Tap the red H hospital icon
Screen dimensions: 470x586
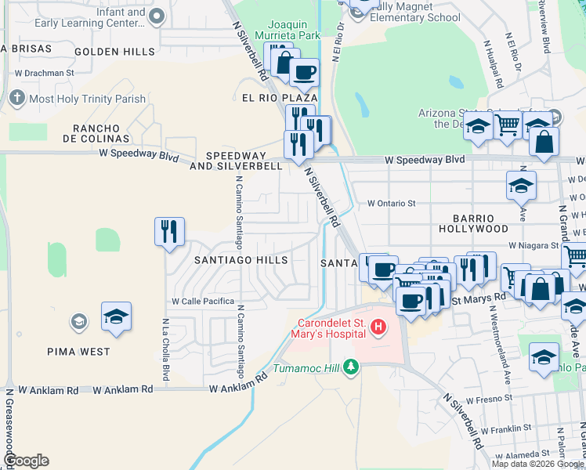click(379, 326)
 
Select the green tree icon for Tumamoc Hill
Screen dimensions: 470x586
click(352, 367)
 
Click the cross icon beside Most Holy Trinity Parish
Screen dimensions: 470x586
click(17, 99)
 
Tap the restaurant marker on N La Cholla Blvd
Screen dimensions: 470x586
click(169, 231)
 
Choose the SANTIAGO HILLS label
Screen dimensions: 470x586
click(241, 259)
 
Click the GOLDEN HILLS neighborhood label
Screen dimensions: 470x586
click(115, 52)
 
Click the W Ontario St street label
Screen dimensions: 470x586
click(392, 204)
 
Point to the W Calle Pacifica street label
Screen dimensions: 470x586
click(203, 301)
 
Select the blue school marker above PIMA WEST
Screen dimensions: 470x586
click(116, 316)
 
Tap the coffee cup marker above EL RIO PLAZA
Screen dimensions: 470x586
click(304, 72)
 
